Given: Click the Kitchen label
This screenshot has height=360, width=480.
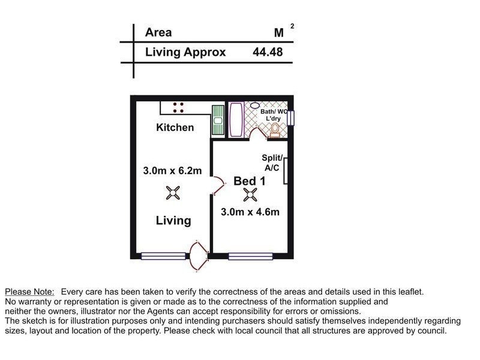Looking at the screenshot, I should [175, 127].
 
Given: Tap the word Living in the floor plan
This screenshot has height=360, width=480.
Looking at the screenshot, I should [173, 220].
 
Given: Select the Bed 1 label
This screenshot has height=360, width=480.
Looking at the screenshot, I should [249, 181].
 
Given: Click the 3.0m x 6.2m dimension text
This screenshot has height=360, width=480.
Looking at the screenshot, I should [172, 171].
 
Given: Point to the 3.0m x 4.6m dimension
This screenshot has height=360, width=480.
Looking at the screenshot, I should [250, 211].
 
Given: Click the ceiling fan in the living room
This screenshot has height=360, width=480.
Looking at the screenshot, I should [173, 193].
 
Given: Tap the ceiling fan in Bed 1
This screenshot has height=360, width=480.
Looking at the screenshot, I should [250, 194].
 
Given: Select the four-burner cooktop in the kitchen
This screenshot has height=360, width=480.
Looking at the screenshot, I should [178, 107].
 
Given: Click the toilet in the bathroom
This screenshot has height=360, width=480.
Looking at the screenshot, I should [275, 129].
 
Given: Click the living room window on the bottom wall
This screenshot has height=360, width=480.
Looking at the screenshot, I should [163, 256].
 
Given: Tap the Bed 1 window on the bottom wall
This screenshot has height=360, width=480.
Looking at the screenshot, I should [251, 256].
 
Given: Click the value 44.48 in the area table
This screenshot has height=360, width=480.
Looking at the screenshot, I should [268, 52].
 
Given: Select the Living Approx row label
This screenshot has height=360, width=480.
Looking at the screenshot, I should [185, 52].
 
